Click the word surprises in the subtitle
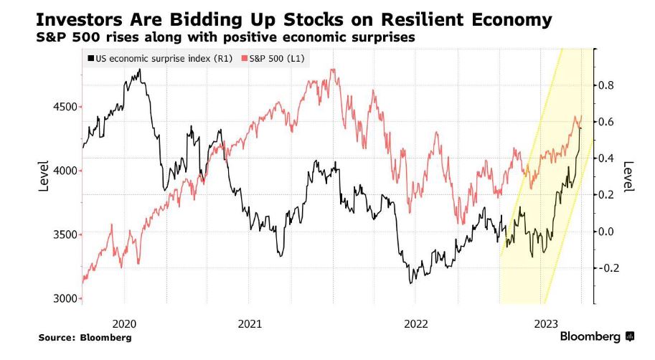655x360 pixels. pos(378,37)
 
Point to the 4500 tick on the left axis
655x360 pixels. pos(65,107)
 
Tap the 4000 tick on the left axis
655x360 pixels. pos(65,171)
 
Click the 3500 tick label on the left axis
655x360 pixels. pos(65,235)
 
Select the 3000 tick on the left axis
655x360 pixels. pos(65,298)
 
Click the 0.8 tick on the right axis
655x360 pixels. pos(606,85)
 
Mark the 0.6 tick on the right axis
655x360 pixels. pos(606,122)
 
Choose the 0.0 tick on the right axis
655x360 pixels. pos(606,231)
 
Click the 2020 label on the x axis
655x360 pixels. pos(124,323)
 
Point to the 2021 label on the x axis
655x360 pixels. pos(250,323)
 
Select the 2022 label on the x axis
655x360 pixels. pos(418,323)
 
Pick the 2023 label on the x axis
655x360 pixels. pos(543,323)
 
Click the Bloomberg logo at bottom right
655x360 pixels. pos(595,336)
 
